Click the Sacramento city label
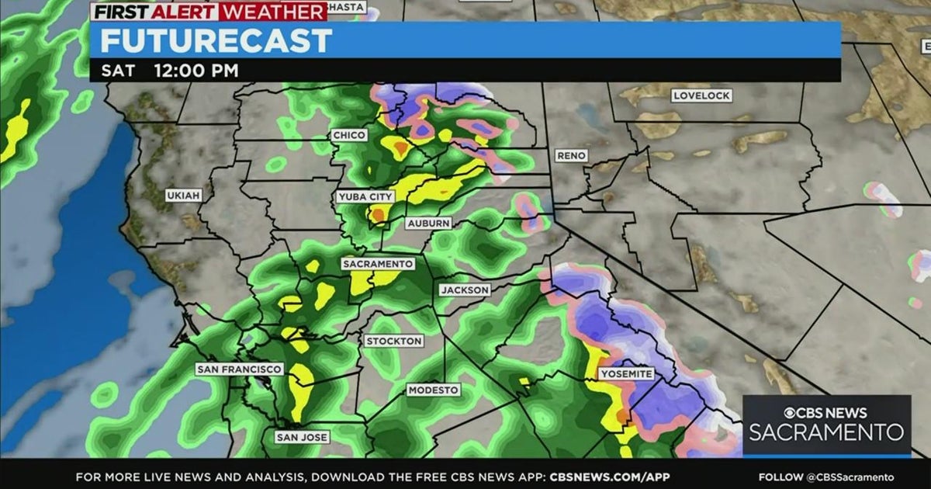click(x=378, y=264)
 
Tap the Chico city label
click(x=349, y=135)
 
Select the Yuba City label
click(x=366, y=197)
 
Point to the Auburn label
click(x=428, y=224)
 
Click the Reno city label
click(x=571, y=156)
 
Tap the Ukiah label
click(x=183, y=196)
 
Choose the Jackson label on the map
click(x=465, y=290)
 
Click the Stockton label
click(x=394, y=341)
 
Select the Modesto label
click(x=434, y=390)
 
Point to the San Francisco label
click(x=239, y=369)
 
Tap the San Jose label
click(x=302, y=438)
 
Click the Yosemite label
click(x=627, y=374)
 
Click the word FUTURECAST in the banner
click(x=216, y=40)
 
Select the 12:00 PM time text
click(x=196, y=71)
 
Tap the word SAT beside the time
click(x=118, y=71)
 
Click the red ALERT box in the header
click(x=197, y=12)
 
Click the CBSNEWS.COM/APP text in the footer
click(x=609, y=477)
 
